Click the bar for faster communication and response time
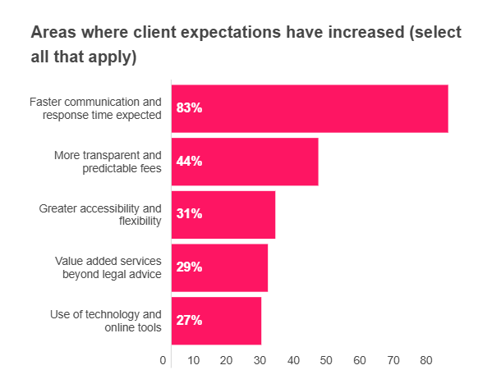click(x=310, y=108)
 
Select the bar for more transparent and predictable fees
click(x=245, y=162)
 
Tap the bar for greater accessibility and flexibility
click(x=223, y=214)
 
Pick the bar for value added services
click(x=220, y=267)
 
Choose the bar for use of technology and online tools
click(x=217, y=321)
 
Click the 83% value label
click(x=189, y=108)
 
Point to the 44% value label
click(x=189, y=162)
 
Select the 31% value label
click(x=189, y=214)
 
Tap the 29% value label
click(x=189, y=267)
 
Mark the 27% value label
click(x=189, y=321)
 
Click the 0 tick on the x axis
click(x=163, y=360)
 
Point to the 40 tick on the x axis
click(x=293, y=360)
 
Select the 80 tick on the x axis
click(x=426, y=360)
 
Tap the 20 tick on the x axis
click(x=227, y=360)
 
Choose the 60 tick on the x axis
click(x=360, y=360)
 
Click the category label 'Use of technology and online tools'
click(x=106, y=321)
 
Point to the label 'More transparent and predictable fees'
click(x=108, y=162)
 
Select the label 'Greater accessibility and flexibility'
click(x=100, y=214)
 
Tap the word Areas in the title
click(x=53, y=33)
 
